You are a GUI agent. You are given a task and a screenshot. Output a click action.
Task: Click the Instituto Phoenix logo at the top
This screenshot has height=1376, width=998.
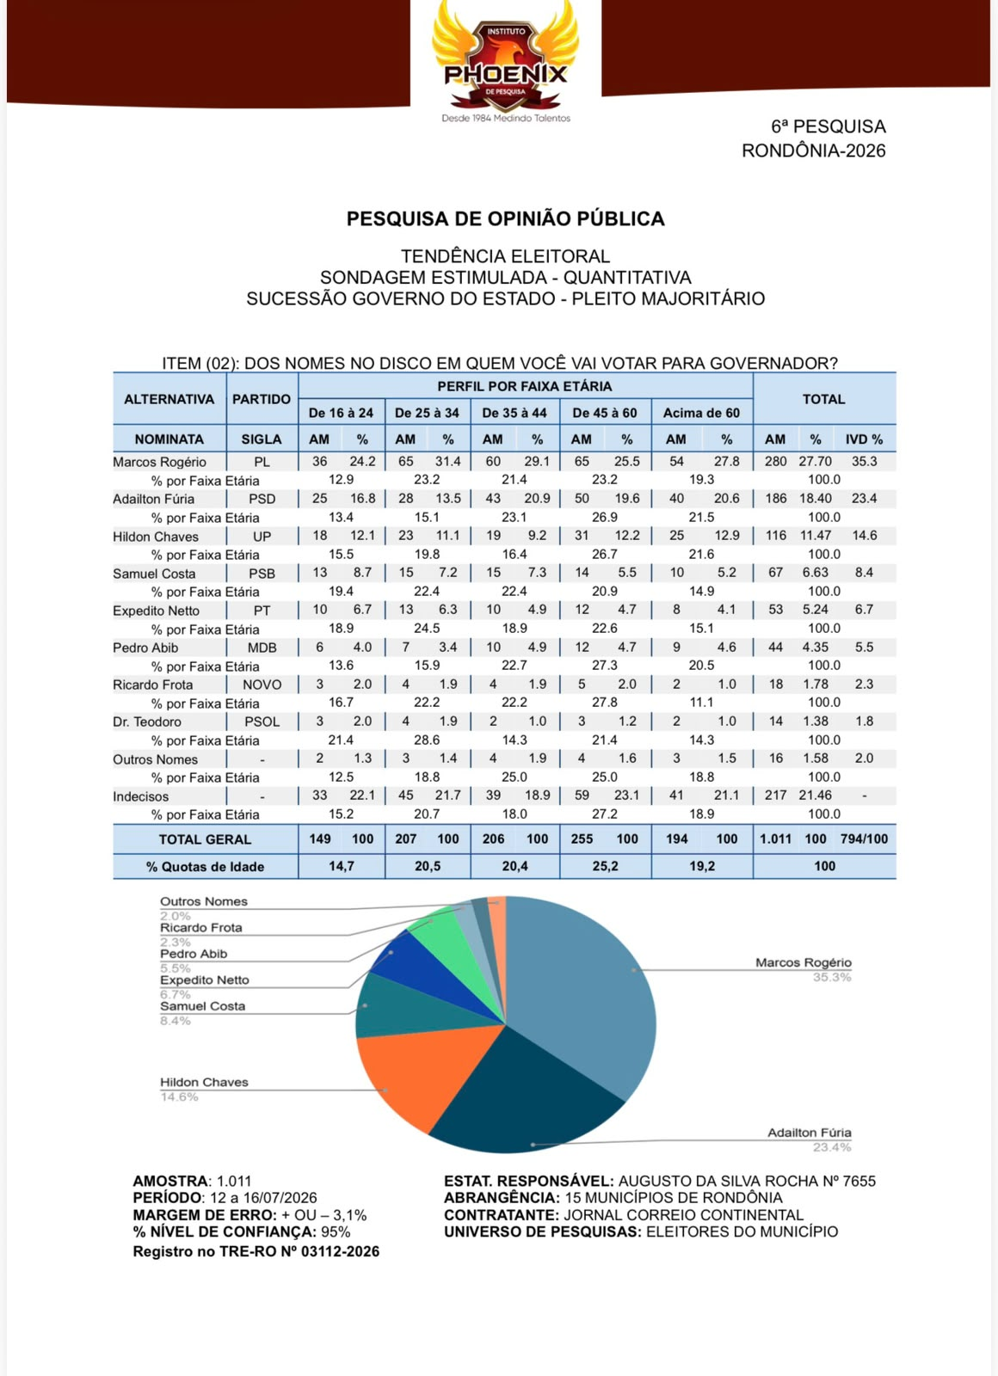505,61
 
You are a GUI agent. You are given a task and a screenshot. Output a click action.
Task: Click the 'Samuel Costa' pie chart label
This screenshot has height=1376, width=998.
202,1006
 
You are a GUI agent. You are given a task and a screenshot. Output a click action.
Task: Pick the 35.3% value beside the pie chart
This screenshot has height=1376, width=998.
831,977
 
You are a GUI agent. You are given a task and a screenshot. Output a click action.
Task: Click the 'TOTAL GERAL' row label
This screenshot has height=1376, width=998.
205,839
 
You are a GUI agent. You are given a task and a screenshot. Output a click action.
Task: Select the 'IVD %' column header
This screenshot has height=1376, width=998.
864,439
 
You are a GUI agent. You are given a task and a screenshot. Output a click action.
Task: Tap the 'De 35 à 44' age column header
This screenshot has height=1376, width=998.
514,413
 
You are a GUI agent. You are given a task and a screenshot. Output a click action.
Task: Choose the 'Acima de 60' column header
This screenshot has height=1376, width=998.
701,413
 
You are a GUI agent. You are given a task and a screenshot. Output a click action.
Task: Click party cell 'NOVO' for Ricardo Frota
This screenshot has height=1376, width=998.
262,685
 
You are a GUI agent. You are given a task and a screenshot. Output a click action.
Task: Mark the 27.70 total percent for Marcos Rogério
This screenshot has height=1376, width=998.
815,461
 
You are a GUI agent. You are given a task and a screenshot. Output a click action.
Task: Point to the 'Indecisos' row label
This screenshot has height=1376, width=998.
140,796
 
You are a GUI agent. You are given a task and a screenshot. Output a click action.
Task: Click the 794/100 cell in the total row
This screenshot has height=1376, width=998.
864,839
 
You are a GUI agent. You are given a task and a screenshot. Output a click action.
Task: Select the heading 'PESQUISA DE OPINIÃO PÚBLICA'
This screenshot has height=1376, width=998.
505,218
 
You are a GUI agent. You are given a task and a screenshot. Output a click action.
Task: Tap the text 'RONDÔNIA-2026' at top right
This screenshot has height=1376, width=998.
814,150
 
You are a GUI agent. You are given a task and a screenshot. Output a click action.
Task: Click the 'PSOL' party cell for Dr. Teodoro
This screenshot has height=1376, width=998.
262,722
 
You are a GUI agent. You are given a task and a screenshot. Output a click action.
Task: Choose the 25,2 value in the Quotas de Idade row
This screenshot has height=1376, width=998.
605,866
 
